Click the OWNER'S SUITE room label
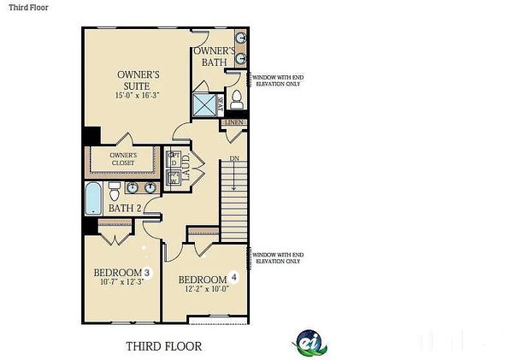(x=134, y=80)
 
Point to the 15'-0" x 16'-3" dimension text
(x=134, y=96)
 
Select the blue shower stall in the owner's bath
(x=205, y=104)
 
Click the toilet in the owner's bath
(x=236, y=100)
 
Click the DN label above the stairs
(x=234, y=159)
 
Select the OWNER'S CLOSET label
(x=123, y=160)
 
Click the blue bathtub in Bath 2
(x=93, y=198)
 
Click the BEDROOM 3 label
(x=122, y=274)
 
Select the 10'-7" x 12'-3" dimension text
(x=121, y=284)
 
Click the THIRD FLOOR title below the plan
(x=164, y=346)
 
